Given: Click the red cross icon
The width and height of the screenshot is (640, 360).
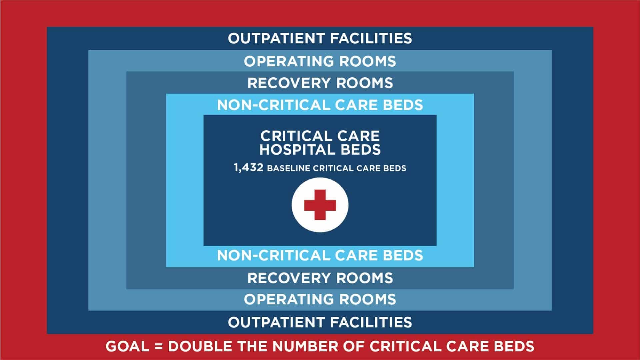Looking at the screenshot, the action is (320, 205).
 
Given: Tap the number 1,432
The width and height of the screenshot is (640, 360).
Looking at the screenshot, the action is (249, 168).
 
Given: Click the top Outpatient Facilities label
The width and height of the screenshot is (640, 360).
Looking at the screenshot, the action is (320, 38).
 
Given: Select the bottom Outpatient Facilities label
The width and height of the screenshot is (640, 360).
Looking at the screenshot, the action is (320, 322).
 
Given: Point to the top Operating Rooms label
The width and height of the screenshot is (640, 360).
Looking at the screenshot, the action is (320, 61).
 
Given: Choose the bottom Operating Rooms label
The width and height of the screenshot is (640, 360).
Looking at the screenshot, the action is (320, 299).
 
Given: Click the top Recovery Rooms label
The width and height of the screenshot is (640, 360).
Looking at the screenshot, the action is (320, 83).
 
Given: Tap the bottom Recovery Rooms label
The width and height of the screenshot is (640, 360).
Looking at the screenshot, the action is (320, 278).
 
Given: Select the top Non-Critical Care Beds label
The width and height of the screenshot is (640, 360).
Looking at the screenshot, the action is (320, 105).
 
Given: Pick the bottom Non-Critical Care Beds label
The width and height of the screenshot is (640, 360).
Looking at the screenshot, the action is (320, 255).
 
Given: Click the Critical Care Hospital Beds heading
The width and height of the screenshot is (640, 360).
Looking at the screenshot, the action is (320, 143).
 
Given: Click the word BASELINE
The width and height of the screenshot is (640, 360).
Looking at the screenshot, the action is (289, 168).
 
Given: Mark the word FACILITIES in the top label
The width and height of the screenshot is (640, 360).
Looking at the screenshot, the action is (371, 38).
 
